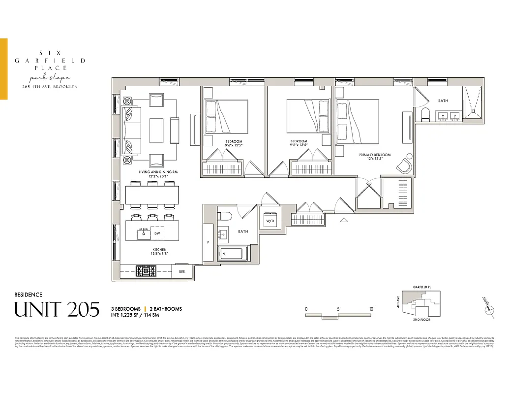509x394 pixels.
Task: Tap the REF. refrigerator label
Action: click(x=182, y=271)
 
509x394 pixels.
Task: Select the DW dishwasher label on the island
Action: click(x=157, y=233)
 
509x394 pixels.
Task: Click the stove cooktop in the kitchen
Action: click(x=146, y=271)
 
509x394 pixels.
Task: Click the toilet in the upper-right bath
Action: click(x=426, y=114)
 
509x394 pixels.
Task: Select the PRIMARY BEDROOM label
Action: click(x=375, y=155)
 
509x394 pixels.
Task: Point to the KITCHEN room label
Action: click(x=159, y=250)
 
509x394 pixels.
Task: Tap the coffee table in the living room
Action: click(x=156, y=130)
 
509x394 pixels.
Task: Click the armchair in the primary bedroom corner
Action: click(x=404, y=164)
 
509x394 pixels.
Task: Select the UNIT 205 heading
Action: click(x=57, y=309)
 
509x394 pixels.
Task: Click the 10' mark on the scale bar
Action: click(x=371, y=309)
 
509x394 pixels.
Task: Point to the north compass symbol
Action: click(x=489, y=308)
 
